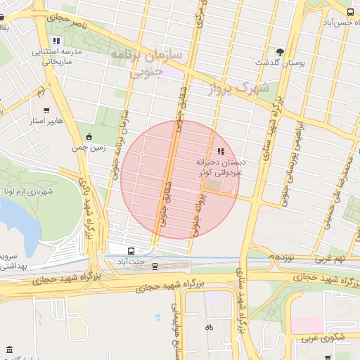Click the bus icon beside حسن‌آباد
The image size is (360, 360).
(x=350, y=12)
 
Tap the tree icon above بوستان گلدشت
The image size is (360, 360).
(x=281, y=51)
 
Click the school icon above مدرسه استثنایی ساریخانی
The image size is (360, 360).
(x=56, y=41)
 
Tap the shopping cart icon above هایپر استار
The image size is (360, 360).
(x=46, y=110)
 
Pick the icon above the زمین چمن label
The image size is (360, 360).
(x=88, y=137)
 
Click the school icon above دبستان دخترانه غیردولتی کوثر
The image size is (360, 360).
(x=221, y=151)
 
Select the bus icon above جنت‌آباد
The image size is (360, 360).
(x=131, y=251)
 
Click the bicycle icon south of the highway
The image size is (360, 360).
(x=208, y=327)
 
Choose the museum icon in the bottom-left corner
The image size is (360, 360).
(x=9, y=349)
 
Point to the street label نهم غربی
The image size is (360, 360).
(x=329, y=260)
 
